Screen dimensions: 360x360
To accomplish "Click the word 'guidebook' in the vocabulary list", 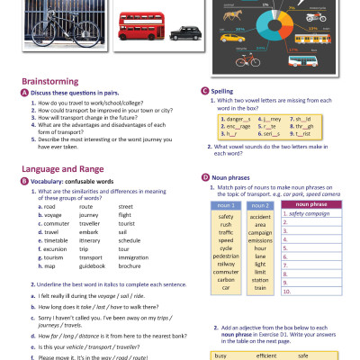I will pos(93,266).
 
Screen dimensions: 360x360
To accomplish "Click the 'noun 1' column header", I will pos(226,206).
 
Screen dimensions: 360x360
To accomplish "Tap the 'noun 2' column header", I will pos(260,206).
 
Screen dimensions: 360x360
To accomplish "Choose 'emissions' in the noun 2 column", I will pos(260,240).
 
